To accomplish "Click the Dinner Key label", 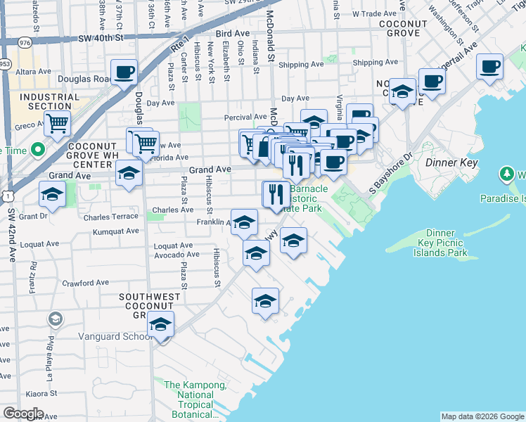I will (452, 162).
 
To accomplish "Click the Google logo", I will (23, 414).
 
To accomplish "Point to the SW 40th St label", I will (101, 37).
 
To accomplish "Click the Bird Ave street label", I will (233, 33).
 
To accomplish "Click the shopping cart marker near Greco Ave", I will (58, 124).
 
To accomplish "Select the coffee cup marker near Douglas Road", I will (124, 72).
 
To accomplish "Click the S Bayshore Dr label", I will (391, 172).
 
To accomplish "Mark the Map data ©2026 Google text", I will (482, 416).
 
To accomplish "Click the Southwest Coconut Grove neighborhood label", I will (149, 305).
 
